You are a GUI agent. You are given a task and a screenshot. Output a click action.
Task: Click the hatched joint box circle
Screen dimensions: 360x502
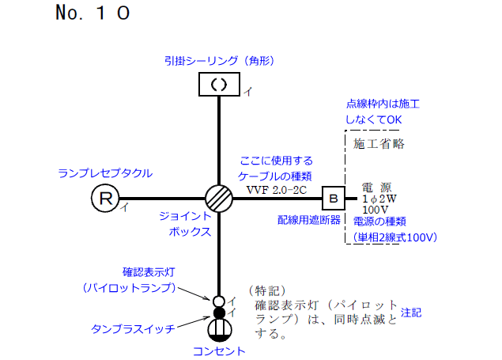[x=218, y=197]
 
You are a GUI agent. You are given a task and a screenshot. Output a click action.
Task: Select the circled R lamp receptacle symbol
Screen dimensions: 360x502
[x=104, y=197]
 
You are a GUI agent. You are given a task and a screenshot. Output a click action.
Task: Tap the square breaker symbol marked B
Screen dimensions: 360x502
[x=333, y=197]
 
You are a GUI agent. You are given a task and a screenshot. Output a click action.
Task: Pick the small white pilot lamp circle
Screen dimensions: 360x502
[x=219, y=301]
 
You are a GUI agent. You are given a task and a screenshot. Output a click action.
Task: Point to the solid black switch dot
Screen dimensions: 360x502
[x=219, y=313]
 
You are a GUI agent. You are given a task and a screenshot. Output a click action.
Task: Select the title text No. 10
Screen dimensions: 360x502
[x=93, y=13]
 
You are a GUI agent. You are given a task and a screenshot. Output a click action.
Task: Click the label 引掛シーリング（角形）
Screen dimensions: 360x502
[x=218, y=60]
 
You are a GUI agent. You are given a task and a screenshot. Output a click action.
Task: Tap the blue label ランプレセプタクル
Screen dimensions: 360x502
[x=105, y=172]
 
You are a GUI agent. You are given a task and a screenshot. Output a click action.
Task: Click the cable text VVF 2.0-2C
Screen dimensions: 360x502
[x=276, y=189]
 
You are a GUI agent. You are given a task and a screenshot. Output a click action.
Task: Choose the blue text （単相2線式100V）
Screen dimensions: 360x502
[x=395, y=237]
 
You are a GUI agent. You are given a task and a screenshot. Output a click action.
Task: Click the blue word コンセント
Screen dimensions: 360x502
[x=219, y=351]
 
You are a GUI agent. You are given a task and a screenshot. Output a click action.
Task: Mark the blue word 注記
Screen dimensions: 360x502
[x=411, y=313]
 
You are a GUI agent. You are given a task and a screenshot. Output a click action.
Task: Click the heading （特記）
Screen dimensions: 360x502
[x=266, y=290]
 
